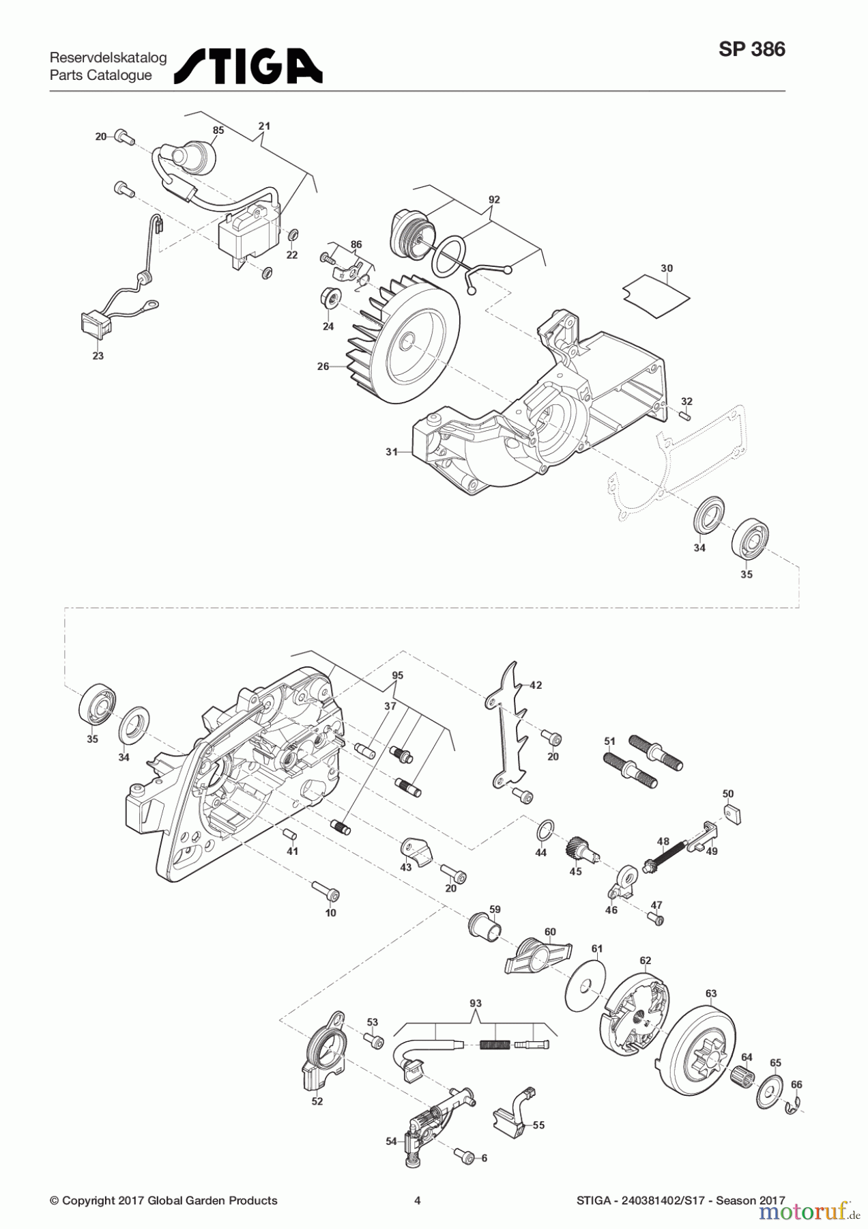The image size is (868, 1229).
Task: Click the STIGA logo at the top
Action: tap(248, 66)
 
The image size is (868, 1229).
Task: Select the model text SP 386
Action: tap(751, 50)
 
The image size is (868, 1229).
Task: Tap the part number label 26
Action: tap(323, 367)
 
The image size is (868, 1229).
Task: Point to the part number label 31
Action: tap(392, 452)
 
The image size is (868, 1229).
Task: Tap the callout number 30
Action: tap(667, 268)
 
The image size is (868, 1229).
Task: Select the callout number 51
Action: tap(610, 741)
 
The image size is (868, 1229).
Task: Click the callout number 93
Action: tap(476, 1003)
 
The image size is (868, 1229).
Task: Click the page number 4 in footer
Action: tap(417, 1200)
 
